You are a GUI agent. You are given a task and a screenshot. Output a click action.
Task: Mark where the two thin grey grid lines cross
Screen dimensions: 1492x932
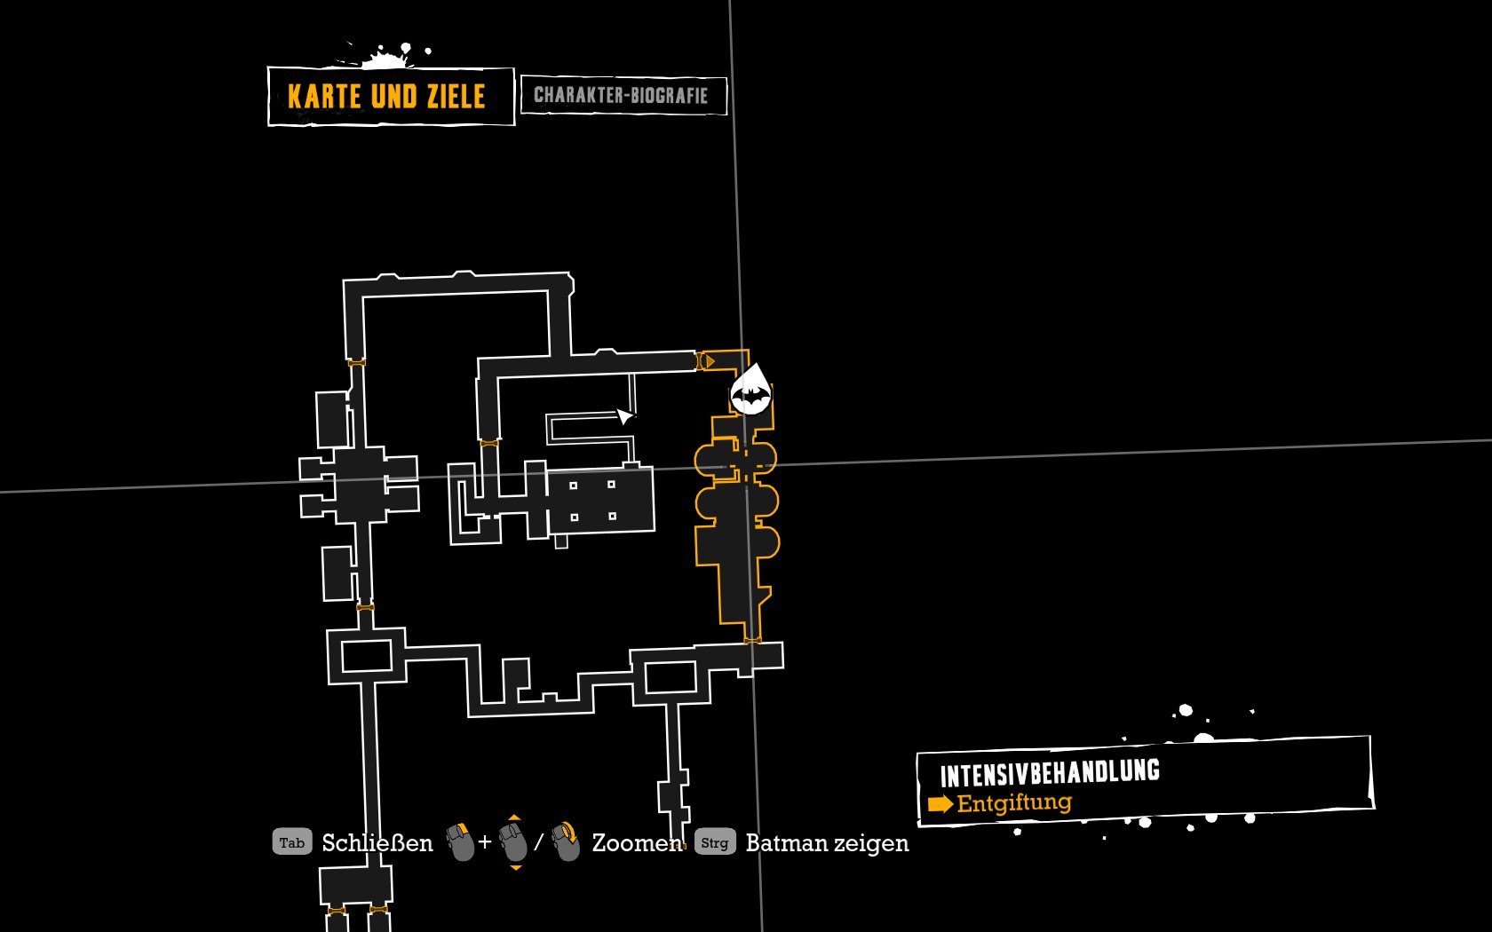point(746,467)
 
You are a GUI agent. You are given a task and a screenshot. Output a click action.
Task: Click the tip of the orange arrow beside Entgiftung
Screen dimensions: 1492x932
point(953,804)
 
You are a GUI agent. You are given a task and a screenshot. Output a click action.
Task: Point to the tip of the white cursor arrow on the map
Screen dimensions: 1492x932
point(616,409)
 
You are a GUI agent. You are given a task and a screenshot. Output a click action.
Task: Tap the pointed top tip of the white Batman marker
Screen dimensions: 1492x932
point(758,364)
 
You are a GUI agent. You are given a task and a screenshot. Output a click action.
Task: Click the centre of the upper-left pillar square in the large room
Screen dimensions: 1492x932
point(573,486)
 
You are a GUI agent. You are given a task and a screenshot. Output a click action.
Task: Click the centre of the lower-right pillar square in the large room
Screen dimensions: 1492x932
point(612,516)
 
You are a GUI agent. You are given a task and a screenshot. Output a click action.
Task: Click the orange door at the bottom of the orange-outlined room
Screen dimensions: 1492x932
point(752,641)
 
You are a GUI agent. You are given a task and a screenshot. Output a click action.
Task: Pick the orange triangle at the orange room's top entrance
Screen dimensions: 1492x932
point(710,360)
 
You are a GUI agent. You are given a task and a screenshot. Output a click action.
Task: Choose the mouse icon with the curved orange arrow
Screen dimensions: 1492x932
point(566,841)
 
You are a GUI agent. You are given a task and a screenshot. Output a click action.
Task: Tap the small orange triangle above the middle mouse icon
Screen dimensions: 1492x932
point(514,817)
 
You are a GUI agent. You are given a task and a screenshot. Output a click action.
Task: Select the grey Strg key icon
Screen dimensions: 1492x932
point(715,842)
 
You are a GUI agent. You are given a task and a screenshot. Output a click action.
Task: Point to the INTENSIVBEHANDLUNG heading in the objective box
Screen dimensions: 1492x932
point(1050,773)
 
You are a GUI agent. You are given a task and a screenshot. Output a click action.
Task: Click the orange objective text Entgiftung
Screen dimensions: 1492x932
point(1014,803)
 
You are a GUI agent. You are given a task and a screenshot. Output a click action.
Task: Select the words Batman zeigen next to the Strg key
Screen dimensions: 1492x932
point(828,843)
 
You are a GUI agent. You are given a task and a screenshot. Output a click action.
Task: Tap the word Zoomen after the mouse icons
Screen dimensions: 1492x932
point(638,843)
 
